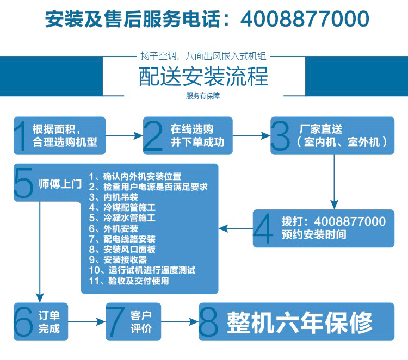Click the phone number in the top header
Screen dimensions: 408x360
[x=305, y=18]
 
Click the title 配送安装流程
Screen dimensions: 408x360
[x=203, y=76]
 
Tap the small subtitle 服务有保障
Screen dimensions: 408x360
[x=203, y=96]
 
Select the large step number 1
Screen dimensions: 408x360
[x=22, y=135]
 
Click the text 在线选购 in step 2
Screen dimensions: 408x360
[x=192, y=129]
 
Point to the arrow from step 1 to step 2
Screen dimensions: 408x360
[x=124, y=135]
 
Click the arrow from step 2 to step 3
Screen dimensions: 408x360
[x=251, y=135]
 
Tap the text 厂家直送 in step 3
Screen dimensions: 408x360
[x=320, y=129]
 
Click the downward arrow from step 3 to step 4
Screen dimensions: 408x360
[x=334, y=182]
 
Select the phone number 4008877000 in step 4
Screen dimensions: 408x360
[x=350, y=221]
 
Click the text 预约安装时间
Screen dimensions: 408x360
[x=313, y=234]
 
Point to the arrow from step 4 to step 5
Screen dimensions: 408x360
[x=236, y=228]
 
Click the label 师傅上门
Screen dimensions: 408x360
[x=60, y=184]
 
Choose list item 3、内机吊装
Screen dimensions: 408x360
[x=114, y=197]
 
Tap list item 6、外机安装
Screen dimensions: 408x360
[x=114, y=228]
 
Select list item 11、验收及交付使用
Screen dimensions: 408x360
[x=129, y=281]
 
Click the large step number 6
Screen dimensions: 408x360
[x=23, y=321]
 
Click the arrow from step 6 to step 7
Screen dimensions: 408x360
[x=86, y=322]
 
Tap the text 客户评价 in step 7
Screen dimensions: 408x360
[x=141, y=322]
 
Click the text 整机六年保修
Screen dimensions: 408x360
[x=300, y=322]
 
